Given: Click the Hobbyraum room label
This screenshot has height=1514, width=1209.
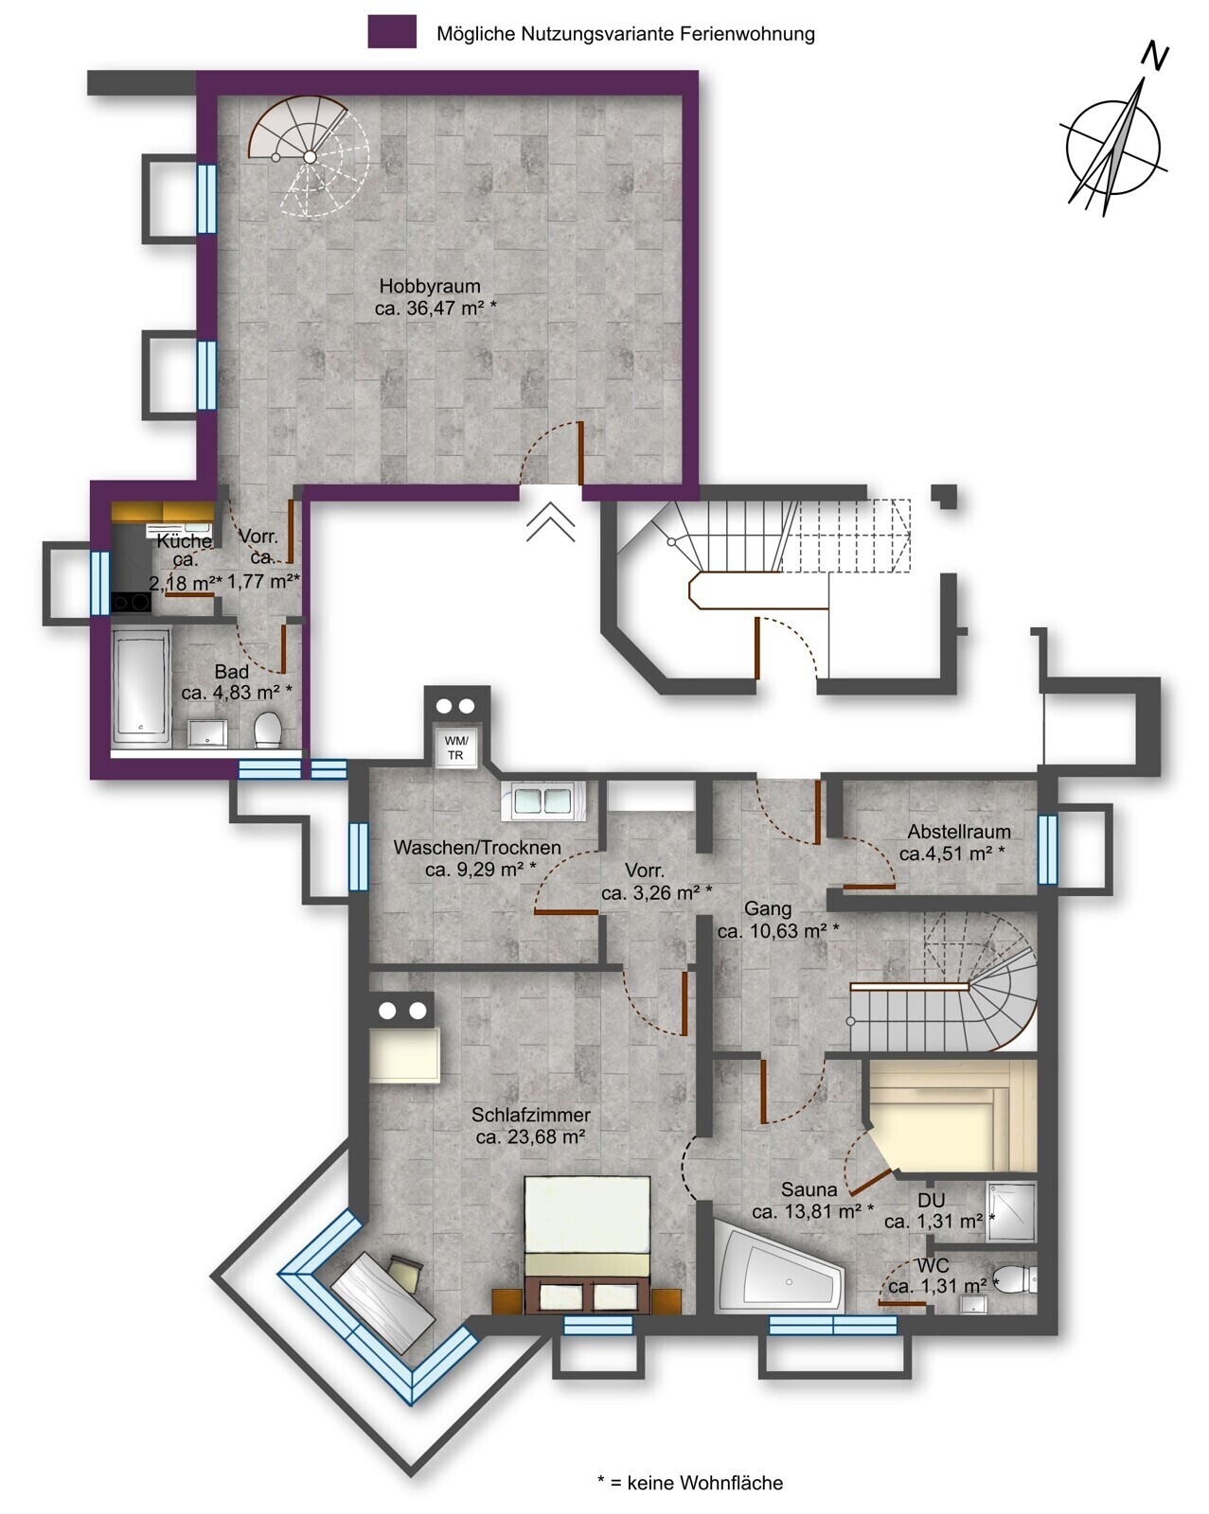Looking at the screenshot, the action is click(430, 287).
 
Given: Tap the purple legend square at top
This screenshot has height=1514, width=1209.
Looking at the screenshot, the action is click(392, 32).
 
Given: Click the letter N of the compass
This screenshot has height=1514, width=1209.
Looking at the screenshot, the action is click(1154, 57).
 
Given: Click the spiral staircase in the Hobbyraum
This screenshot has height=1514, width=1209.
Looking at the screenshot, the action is click(309, 156).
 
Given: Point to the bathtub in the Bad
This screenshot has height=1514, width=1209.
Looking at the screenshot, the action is click(141, 689).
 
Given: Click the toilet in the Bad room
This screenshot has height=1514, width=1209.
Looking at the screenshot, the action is click(268, 730).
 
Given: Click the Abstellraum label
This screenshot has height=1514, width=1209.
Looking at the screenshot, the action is click(958, 832).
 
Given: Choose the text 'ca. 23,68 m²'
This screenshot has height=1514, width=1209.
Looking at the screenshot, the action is click(531, 1136).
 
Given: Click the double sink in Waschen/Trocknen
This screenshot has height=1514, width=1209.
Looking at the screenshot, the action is click(542, 801).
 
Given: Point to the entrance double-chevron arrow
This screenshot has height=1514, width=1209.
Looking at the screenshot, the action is click(551, 522).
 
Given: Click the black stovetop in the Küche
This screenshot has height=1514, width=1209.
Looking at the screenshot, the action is click(131, 603).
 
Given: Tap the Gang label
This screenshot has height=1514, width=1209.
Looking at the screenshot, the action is click(768, 909).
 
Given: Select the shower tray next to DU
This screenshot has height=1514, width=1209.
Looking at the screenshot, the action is click(1011, 1210).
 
